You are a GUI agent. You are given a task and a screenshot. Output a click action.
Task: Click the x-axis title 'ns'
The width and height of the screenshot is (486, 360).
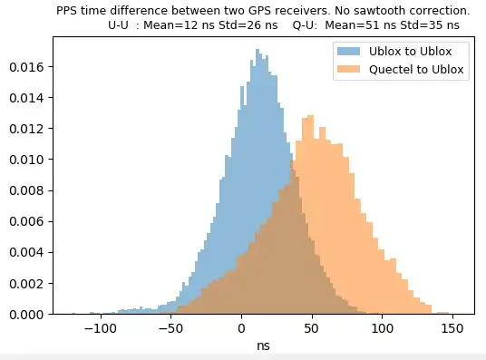pos(263,345)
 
